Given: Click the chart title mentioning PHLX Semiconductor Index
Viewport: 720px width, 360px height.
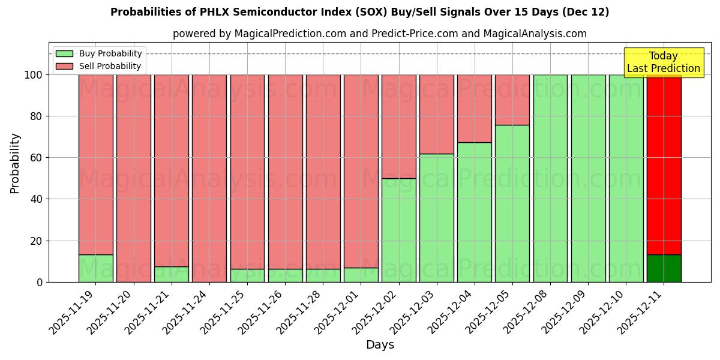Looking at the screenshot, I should (x=359, y=12).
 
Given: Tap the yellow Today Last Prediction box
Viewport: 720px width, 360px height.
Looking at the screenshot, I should (x=663, y=62).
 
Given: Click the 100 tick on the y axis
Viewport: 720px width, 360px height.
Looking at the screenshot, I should (x=33, y=75).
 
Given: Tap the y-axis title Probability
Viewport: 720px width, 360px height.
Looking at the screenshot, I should (x=15, y=163).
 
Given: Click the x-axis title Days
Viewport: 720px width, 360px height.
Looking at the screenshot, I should (x=380, y=345).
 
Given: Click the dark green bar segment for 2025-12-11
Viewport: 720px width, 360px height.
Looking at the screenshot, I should (x=664, y=268).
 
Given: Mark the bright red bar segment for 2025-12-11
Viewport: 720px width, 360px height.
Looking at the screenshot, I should (x=664, y=162).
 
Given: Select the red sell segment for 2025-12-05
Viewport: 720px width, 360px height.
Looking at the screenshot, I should (x=512, y=100).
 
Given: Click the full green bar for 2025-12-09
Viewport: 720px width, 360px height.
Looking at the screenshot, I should (x=588, y=178).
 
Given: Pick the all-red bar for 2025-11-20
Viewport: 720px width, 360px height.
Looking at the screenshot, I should (x=133, y=178).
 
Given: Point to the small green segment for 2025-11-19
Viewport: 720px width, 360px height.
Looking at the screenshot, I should (x=95, y=268).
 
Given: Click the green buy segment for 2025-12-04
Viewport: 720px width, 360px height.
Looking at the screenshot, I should (x=474, y=212).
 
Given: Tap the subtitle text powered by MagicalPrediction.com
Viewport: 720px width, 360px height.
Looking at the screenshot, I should (x=379, y=34).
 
